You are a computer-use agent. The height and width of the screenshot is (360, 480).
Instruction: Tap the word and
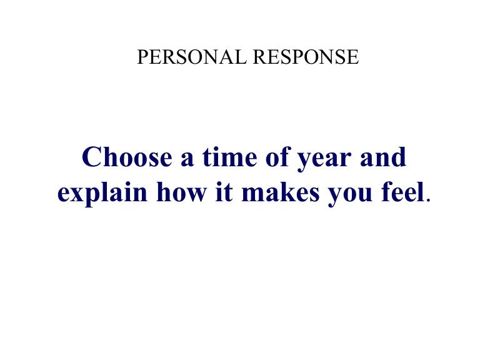[382, 157]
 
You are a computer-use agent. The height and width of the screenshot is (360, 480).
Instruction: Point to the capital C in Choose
[92, 157]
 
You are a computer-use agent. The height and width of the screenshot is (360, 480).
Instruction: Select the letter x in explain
[76, 195]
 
